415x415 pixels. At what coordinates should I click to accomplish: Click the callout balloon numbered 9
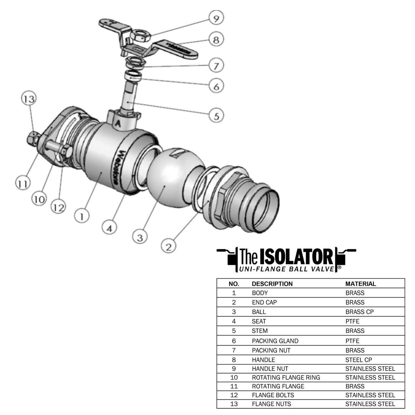tap(216, 18)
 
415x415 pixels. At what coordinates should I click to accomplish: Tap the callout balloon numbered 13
tap(29, 99)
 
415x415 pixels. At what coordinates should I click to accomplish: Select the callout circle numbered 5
tap(216, 116)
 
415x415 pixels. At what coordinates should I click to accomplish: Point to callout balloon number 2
tap(169, 246)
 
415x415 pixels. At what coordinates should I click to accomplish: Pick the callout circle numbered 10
tap(39, 199)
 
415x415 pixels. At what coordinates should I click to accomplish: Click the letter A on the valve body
tap(117, 123)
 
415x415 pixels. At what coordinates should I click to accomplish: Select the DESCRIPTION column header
tap(272, 284)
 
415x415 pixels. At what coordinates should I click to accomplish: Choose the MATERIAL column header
tap(360, 284)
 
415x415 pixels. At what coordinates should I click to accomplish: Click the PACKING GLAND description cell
tap(275, 341)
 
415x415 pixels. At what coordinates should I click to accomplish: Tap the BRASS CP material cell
tap(359, 312)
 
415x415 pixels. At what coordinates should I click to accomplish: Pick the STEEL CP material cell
tap(358, 360)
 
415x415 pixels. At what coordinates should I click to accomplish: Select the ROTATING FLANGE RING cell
tap(286, 377)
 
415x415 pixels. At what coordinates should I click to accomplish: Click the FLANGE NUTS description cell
tap(271, 404)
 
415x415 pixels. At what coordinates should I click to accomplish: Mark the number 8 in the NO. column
tap(234, 360)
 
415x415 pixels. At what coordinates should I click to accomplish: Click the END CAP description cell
tap(264, 302)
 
